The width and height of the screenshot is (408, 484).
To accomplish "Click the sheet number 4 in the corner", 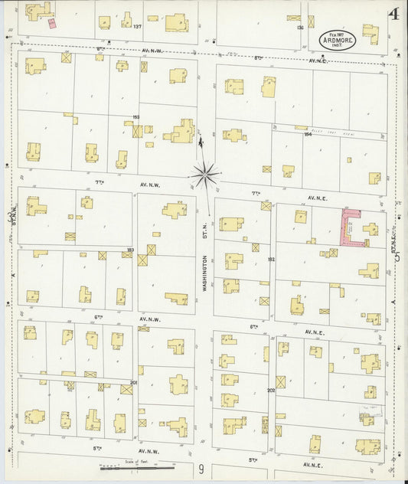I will click(393, 13).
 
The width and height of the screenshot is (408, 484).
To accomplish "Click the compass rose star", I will click(206, 175).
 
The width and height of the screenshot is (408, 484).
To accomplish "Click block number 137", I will click(137, 28).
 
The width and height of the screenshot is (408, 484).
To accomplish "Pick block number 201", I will click(133, 382).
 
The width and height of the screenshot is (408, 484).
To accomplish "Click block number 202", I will click(270, 390).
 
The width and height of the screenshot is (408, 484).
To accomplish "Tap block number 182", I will click(270, 260).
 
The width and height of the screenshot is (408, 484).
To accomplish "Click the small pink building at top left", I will click(51, 23).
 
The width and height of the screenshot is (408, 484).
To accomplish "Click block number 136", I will click(299, 28).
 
